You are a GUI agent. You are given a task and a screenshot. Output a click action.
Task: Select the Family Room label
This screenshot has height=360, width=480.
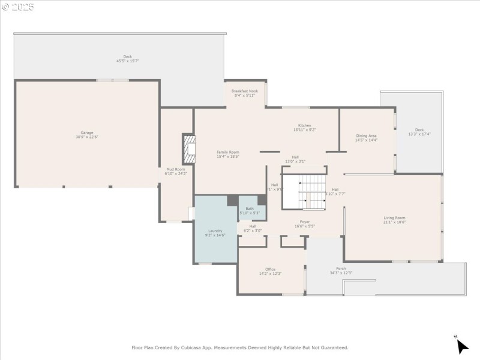click(x=228, y=152)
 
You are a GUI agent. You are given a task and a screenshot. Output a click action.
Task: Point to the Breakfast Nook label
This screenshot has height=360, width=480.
click(x=245, y=91)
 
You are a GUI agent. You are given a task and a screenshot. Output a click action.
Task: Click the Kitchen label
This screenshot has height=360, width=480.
click(x=305, y=125)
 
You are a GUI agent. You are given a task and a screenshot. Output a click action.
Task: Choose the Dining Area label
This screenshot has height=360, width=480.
click(x=366, y=136)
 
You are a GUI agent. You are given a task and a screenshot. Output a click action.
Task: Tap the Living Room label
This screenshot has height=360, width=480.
click(x=394, y=218)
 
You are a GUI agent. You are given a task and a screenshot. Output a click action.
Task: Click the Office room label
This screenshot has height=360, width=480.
click(x=270, y=269)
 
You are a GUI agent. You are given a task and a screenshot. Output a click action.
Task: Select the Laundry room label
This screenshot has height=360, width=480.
click(x=215, y=231)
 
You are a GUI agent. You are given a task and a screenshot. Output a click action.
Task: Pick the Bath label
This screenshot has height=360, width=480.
click(x=250, y=208)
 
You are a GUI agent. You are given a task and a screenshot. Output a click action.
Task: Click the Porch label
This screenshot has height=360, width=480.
click(x=341, y=268)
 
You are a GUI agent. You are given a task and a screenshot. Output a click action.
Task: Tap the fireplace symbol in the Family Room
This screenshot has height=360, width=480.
click(x=190, y=148)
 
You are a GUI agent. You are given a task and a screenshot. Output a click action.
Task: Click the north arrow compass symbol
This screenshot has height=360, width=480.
click(x=461, y=346)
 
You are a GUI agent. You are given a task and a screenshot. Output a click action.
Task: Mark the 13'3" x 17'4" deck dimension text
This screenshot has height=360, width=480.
click(x=419, y=134)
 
